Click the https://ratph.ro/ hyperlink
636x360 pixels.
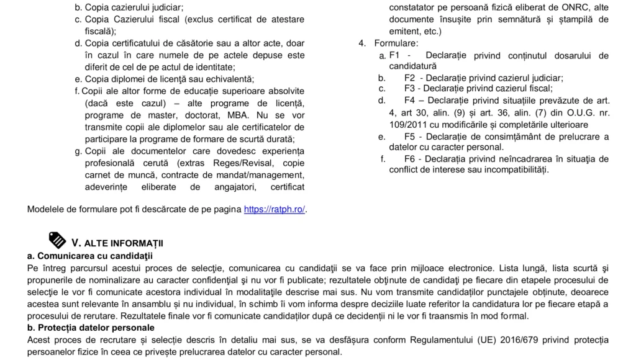pos(275,209)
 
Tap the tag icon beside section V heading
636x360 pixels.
pos(57,240)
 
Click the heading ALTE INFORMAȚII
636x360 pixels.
pos(124,243)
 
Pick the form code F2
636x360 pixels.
pos(410,78)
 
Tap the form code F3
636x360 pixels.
pos(410,88)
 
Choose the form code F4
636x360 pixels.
pos(410,100)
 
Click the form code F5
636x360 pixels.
pos(410,137)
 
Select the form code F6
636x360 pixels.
pos(410,159)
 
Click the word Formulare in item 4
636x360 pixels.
pos(396,43)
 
